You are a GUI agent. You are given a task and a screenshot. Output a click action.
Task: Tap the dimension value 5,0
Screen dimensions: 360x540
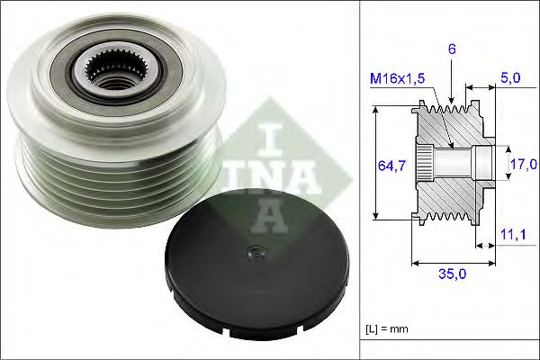coord(510,79)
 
